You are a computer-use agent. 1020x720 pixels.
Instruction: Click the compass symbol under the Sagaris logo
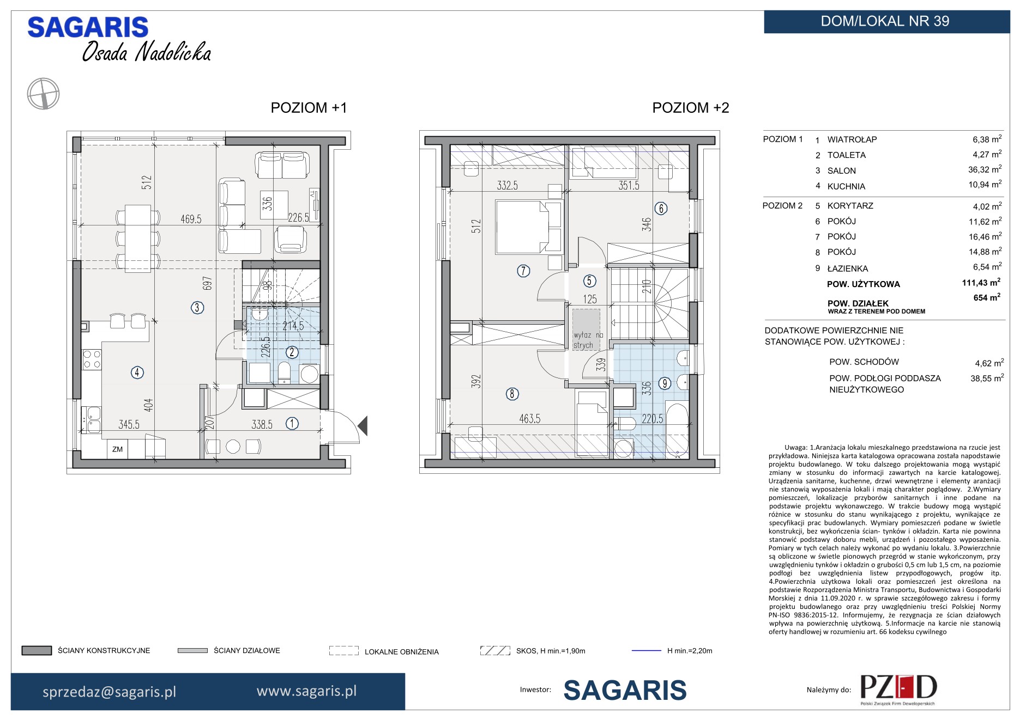point(43,94)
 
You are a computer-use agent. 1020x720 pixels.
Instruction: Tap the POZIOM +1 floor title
point(309,108)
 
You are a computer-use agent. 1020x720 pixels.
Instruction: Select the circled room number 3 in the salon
point(197,308)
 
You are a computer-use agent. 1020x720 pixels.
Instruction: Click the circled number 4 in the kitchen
point(137,373)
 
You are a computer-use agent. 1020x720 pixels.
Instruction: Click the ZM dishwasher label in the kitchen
point(117,449)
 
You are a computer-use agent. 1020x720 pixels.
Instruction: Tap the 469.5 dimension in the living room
point(191,219)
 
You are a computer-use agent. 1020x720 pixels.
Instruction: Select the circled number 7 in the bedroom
point(523,271)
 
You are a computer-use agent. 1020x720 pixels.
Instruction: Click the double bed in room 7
point(528,227)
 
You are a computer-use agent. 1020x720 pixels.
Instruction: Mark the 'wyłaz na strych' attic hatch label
point(588,340)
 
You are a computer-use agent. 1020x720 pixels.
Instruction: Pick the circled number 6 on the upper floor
point(661,208)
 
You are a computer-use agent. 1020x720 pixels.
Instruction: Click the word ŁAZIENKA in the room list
point(847,269)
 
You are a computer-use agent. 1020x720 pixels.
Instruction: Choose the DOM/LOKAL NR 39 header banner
point(886,22)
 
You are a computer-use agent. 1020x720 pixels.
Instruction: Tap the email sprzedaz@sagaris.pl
point(110,692)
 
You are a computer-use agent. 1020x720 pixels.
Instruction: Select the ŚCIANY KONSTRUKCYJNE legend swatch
point(37,650)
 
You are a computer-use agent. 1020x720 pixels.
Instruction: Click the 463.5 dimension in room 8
point(530,418)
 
